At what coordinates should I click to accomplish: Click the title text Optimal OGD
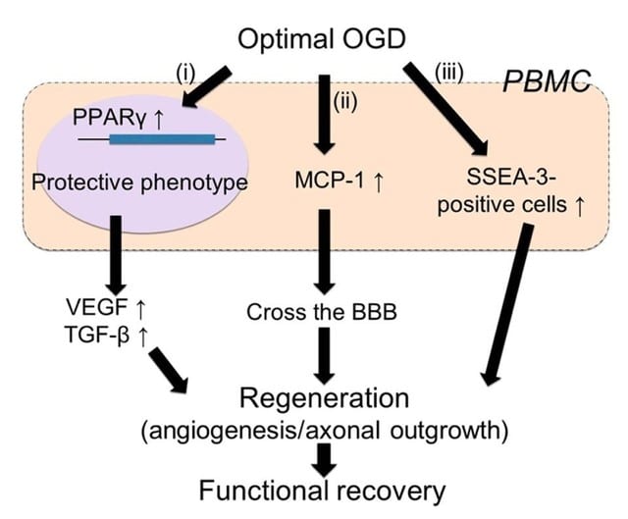(x=322, y=40)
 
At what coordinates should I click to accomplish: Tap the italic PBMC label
(x=547, y=81)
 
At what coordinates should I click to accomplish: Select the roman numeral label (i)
(x=185, y=74)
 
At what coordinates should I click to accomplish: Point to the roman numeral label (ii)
(x=345, y=102)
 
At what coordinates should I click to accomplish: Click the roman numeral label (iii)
(x=449, y=74)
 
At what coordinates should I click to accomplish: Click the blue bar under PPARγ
(x=162, y=139)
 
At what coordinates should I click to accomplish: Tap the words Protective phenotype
(x=139, y=182)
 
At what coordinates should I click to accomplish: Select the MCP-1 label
(x=330, y=181)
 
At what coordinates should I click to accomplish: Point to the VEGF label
(x=97, y=307)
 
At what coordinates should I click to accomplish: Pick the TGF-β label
(x=96, y=335)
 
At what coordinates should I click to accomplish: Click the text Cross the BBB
(x=322, y=312)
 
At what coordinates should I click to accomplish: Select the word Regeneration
(x=324, y=398)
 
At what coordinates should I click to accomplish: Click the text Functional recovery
(x=322, y=491)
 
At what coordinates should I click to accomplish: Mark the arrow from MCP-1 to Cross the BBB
(x=325, y=252)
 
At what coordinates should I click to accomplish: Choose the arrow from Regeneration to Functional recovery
(x=324, y=460)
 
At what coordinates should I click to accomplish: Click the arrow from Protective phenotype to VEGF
(x=116, y=255)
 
